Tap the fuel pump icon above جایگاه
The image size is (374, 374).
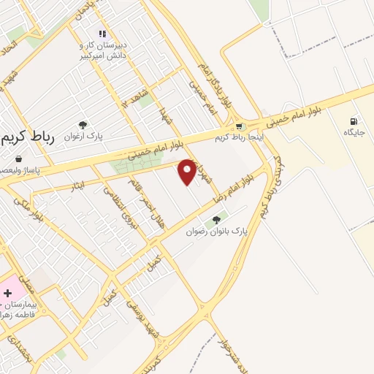[x=354, y=121]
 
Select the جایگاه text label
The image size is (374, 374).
[x=354, y=133]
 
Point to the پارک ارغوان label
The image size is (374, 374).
[x=81, y=137]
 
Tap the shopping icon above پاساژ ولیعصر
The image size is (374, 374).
[x=18, y=158]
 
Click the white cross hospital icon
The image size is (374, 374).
[x=7, y=292]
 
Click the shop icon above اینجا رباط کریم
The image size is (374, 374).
[x=239, y=126]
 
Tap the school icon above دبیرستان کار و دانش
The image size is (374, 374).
[x=102, y=34]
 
